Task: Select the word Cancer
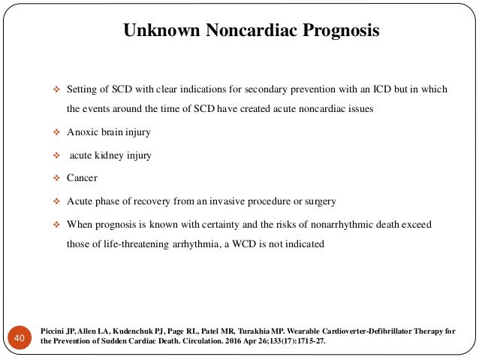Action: point(82,179)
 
